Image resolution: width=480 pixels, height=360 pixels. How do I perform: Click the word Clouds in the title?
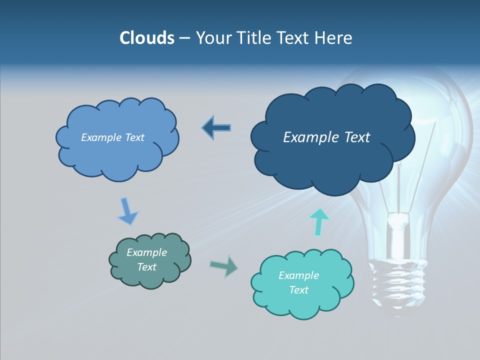pos(147,38)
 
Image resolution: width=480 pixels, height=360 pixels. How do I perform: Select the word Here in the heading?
pos(334,38)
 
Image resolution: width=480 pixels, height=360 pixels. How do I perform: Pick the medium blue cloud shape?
pos(117,157)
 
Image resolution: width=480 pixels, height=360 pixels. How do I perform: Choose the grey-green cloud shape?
pos(150,280)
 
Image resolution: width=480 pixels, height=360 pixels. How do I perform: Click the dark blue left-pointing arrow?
pos(216,128)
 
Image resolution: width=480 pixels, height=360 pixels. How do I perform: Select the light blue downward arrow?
pos(127,211)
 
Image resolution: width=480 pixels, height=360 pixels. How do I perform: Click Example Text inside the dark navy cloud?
pos(326,137)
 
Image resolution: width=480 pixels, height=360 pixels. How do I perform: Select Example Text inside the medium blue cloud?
pos(112,137)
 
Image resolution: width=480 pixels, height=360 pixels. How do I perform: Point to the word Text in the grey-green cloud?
pos(147,267)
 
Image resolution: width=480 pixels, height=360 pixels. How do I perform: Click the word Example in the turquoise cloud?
pos(298,275)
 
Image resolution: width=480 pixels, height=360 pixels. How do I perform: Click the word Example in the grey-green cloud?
pos(147,252)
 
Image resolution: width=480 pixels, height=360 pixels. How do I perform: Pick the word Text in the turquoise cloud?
pos(298,290)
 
